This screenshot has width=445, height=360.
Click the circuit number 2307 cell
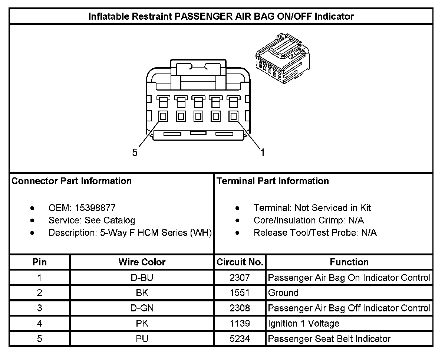[x=240, y=277]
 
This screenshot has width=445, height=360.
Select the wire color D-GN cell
[x=142, y=308]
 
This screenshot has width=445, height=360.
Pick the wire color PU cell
[x=142, y=339]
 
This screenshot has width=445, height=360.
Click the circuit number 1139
[x=240, y=324]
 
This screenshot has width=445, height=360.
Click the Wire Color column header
[x=142, y=262]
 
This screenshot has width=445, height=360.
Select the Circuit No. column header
[x=240, y=262]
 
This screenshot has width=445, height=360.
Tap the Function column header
[x=349, y=262]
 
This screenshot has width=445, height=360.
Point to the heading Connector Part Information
[x=72, y=181]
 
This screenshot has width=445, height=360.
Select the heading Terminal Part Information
[x=273, y=181]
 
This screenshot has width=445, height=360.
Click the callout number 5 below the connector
[x=135, y=153]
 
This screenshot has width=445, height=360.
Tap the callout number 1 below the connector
[x=263, y=153]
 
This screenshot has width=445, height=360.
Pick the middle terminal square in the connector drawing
[x=198, y=116]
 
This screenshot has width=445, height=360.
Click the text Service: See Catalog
[x=92, y=220]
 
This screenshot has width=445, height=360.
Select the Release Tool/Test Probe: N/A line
[x=315, y=233]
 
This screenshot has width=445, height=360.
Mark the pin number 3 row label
[x=40, y=308]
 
